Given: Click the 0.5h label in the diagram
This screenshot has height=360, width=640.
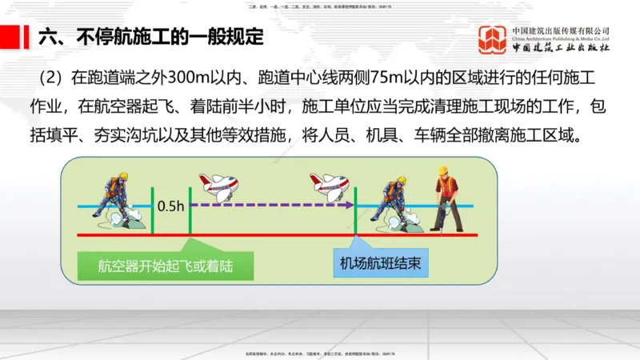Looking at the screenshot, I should tap(170, 206).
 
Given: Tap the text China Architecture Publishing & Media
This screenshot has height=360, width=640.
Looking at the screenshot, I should tap(561, 38).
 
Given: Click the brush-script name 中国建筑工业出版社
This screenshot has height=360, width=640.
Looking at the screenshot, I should tap(561, 49).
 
